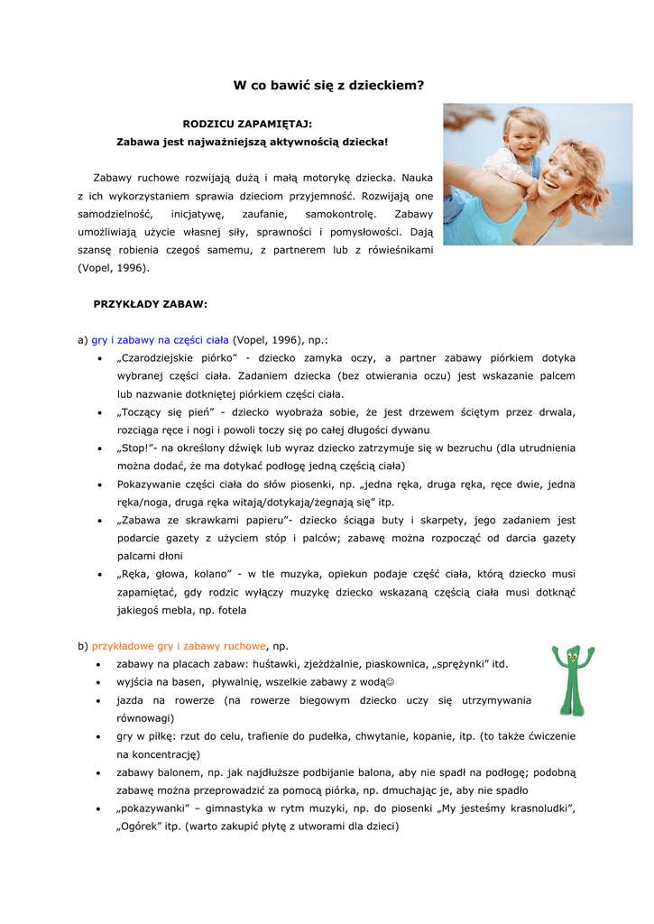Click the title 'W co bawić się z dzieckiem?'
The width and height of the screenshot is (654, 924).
pos(328,86)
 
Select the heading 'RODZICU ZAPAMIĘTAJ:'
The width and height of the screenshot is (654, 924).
pos(247,124)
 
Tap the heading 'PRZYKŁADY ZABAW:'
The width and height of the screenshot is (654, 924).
pos(151,304)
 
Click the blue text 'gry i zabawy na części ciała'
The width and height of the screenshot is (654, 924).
pos(161,340)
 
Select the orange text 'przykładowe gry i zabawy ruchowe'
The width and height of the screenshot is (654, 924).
pos(180,646)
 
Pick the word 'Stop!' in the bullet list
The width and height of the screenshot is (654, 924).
pos(137,448)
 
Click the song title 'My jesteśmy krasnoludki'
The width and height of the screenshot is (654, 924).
pos(504,809)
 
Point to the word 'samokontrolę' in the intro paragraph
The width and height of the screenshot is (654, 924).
pos(337,214)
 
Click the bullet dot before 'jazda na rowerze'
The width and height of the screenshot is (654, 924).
pos(98,701)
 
